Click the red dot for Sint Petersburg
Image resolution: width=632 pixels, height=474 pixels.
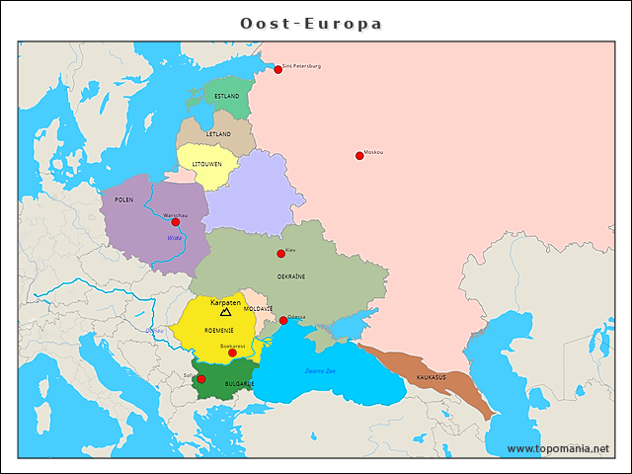(277, 69)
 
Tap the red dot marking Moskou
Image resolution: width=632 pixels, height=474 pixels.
(359, 155)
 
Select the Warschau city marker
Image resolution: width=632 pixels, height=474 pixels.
(176, 222)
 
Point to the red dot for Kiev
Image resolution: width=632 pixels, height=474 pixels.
(281, 254)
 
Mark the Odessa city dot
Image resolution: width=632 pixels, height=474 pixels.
(283, 320)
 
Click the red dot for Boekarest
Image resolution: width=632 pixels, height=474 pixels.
(232, 353)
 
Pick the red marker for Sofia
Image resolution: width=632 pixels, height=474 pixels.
(200, 378)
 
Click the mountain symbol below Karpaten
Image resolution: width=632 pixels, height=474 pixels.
(226, 312)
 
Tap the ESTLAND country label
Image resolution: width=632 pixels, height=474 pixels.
(226, 97)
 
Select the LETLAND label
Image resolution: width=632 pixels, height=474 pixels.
(218, 134)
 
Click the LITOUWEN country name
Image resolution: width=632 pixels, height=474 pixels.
(206, 164)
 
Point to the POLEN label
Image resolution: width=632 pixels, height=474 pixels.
(123, 199)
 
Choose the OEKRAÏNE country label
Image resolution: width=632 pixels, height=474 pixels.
(290, 277)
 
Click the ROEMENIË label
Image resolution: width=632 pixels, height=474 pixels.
(219, 331)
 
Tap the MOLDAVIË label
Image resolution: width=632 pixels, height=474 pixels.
(259, 309)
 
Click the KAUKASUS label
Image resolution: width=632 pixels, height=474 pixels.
(431, 377)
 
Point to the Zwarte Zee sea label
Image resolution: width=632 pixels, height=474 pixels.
(320, 370)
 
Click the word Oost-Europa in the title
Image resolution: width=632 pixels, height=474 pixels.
(311, 23)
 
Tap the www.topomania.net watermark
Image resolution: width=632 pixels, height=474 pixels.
(558, 449)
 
